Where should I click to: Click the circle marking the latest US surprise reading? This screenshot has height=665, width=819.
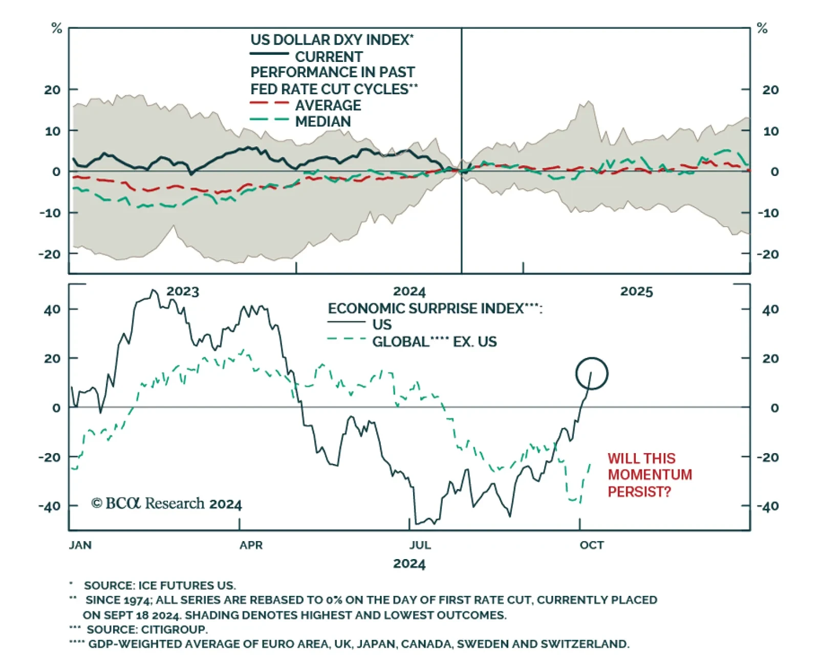592,373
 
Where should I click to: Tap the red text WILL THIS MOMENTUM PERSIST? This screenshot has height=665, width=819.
649,475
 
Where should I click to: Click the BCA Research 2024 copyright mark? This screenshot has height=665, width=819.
166,504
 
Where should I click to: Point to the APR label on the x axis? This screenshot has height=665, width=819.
251,545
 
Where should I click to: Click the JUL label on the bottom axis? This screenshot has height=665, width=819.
420,545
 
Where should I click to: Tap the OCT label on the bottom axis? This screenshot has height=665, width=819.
592,545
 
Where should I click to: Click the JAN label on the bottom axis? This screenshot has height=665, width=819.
80,545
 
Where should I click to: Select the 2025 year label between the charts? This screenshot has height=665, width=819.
637,292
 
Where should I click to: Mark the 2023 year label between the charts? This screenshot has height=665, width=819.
183,292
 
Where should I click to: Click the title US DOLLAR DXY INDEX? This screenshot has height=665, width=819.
331,40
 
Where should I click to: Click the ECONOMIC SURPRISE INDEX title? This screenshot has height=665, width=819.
435,308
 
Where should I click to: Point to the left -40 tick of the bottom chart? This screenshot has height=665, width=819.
50,506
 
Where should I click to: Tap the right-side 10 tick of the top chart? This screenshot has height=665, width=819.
770,131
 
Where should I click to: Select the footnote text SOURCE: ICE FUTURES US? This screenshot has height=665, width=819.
160,585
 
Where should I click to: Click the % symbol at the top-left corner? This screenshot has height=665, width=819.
57,29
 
